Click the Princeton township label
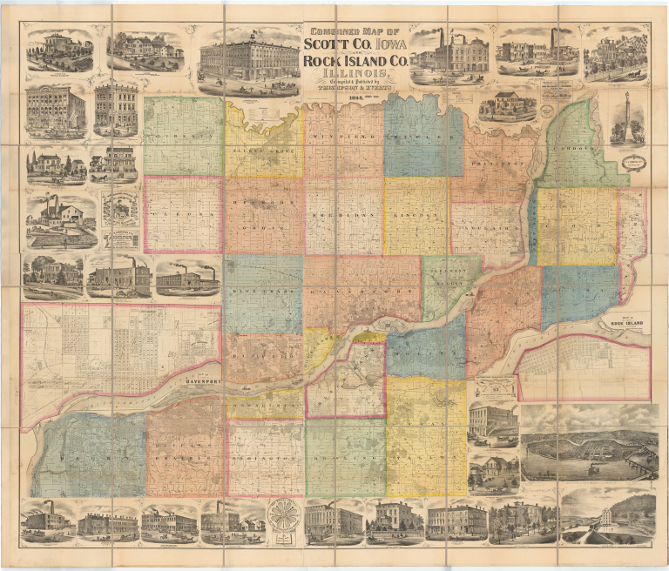click(493, 163)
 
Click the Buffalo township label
click(261, 358)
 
